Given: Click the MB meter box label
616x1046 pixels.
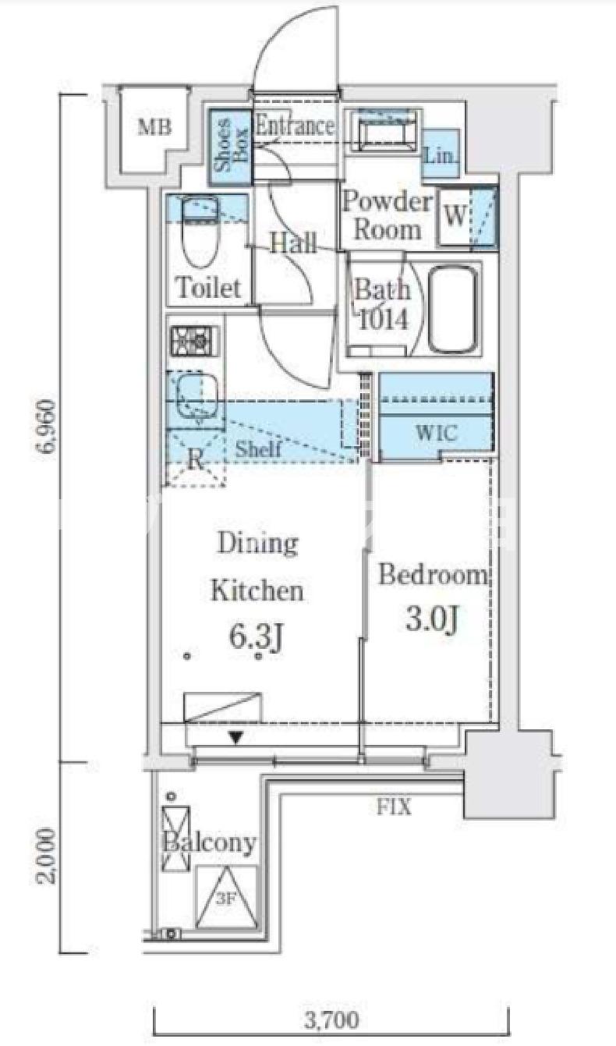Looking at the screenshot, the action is click(154, 127).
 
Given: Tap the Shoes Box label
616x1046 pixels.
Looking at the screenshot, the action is click(229, 147).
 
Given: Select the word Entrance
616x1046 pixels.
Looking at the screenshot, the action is click(295, 126).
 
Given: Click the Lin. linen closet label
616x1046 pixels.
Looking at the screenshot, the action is click(439, 155).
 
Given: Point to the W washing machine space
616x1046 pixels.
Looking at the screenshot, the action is click(454, 215).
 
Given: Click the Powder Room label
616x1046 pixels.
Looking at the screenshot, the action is click(387, 216).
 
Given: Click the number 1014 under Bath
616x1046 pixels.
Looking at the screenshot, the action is click(383, 320).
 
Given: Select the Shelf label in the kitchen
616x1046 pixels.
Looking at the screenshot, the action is click(258, 449).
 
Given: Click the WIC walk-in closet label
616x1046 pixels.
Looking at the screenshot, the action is click(436, 434).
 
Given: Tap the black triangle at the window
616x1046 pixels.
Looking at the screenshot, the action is click(236, 738).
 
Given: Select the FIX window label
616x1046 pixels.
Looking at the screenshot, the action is click(395, 807).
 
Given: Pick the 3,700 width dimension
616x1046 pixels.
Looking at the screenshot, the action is click(332, 1019).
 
